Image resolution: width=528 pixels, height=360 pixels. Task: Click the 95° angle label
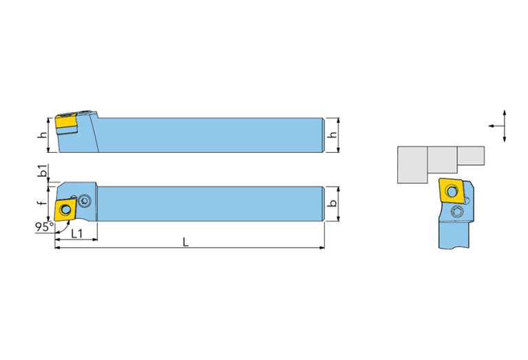tap(44, 226)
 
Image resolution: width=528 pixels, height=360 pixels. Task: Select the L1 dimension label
tap(77, 233)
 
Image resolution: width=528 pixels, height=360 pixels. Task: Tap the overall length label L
tap(186, 242)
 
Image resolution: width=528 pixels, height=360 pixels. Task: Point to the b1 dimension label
tap(43, 171)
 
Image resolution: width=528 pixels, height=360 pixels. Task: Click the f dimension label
tap(42, 203)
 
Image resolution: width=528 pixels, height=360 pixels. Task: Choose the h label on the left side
tap(42, 135)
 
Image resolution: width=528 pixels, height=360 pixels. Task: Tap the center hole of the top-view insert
tap(65, 210)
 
